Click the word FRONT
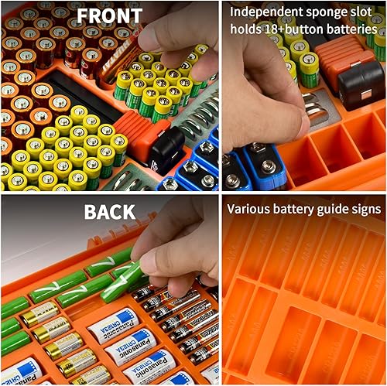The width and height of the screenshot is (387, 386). [109, 15]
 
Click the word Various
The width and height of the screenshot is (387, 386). [251, 209]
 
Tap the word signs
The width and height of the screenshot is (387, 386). [365, 209]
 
